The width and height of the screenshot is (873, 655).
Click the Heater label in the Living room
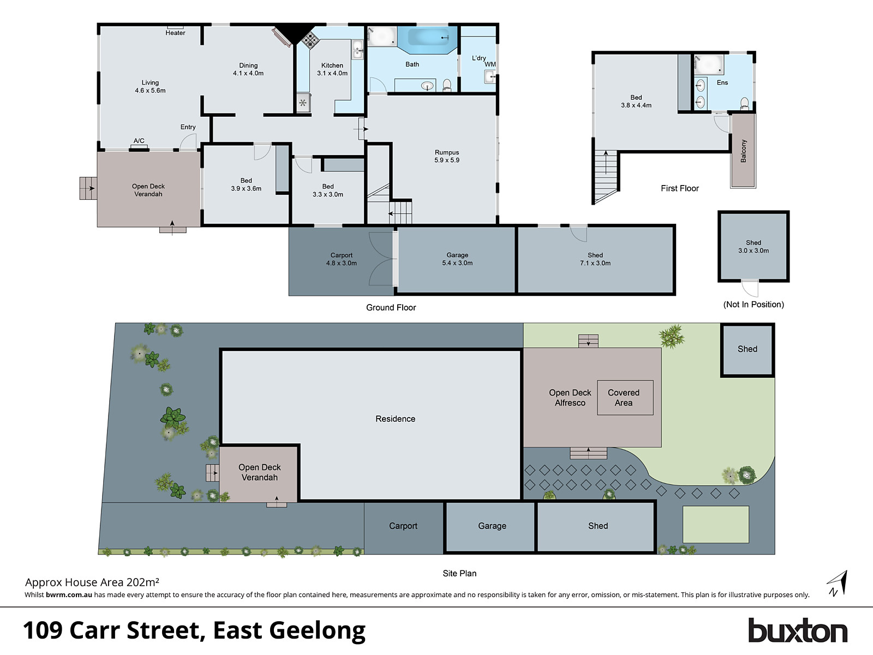click(175, 33)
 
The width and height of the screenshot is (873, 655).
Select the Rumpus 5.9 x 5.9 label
click(447, 156)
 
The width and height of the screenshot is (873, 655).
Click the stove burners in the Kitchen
click(310, 39)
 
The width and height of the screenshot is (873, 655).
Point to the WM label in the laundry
click(490, 64)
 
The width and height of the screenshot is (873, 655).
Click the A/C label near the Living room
click(139, 141)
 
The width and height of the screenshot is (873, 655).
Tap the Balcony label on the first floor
click(743, 151)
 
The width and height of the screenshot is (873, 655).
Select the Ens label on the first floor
click(722, 82)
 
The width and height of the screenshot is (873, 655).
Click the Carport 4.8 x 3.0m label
click(342, 259)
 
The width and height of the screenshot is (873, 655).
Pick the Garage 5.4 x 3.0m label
click(457, 259)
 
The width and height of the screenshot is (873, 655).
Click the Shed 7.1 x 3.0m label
click(595, 259)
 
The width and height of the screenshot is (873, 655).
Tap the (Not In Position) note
click(754, 305)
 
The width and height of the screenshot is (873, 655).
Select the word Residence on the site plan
click(395, 419)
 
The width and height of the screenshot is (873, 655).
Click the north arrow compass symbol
click(838, 583)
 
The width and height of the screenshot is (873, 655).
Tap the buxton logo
click(797, 631)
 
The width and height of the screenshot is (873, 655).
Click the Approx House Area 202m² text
click(92, 582)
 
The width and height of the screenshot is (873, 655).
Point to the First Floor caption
click(679, 188)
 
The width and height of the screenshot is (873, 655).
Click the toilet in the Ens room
click(745, 103)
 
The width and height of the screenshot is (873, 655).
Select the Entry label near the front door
click(188, 127)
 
